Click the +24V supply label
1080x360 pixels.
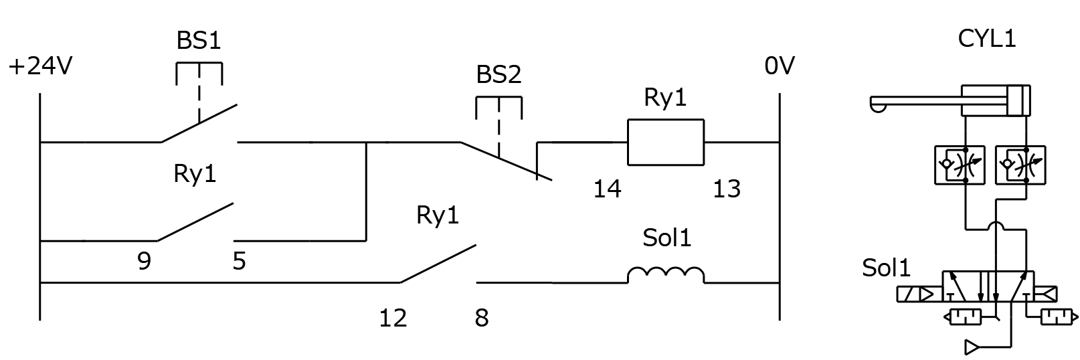(x=41, y=66)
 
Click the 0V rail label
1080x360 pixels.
(x=779, y=66)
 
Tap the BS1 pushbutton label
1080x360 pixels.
(x=199, y=40)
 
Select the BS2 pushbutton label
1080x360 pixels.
(x=499, y=75)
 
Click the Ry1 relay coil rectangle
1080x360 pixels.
(x=665, y=142)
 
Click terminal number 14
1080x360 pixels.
(x=607, y=189)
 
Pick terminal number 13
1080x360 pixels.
(x=727, y=189)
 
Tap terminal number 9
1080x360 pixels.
(x=144, y=261)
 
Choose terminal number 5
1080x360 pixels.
(x=239, y=261)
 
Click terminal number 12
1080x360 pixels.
(x=393, y=318)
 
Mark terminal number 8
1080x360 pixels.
(x=482, y=318)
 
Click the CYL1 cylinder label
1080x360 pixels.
(x=987, y=39)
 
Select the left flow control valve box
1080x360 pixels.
(x=959, y=165)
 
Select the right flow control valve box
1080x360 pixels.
(x=1020, y=165)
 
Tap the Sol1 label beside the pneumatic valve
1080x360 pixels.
(x=886, y=268)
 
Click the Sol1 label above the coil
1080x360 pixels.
(x=667, y=238)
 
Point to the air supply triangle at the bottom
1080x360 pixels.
(x=972, y=347)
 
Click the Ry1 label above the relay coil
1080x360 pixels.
(x=665, y=98)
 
